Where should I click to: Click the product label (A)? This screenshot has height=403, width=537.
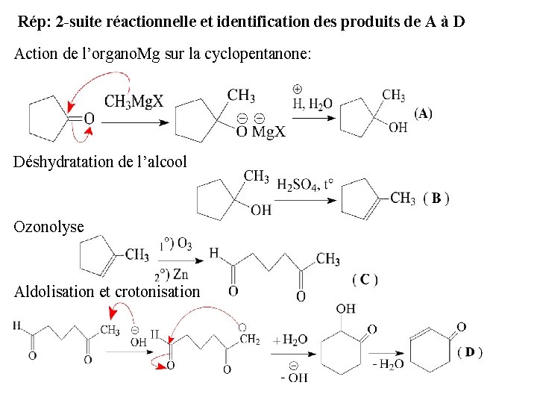pyautogui.click(x=423, y=113)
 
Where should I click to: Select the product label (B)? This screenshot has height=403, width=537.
pyautogui.click(x=436, y=199)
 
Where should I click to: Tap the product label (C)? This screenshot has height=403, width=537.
pyautogui.click(x=365, y=280)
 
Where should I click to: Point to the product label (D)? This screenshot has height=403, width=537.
pyautogui.click(x=469, y=352)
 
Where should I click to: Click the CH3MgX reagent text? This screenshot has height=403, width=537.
pyautogui.click(x=134, y=101)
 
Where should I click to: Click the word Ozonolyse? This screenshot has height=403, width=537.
pyautogui.click(x=49, y=225)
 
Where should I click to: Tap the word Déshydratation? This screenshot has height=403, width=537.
pyautogui.click(x=60, y=162)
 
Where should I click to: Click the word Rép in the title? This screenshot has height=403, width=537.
pyautogui.click(x=33, y=21)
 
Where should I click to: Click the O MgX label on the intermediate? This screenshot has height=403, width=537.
pyautogui.click(x=260, y=132)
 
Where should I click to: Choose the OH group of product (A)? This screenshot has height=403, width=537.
pyautogui.click(x=398, y=128)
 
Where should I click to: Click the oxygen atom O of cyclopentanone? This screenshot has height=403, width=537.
pyautogui.click(x=89, y=118)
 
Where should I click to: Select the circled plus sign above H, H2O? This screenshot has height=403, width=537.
pyautogui.click(x=297, y=88)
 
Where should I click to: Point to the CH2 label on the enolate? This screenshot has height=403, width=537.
pyautogui.click(x=250, y=340)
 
